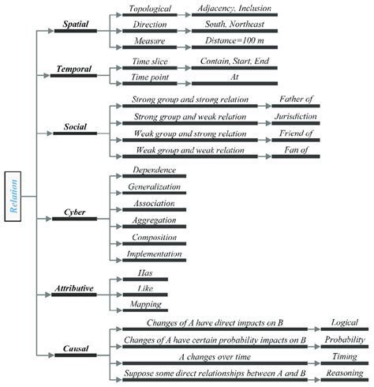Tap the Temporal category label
click(75, 70)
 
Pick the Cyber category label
click(75, 213)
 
